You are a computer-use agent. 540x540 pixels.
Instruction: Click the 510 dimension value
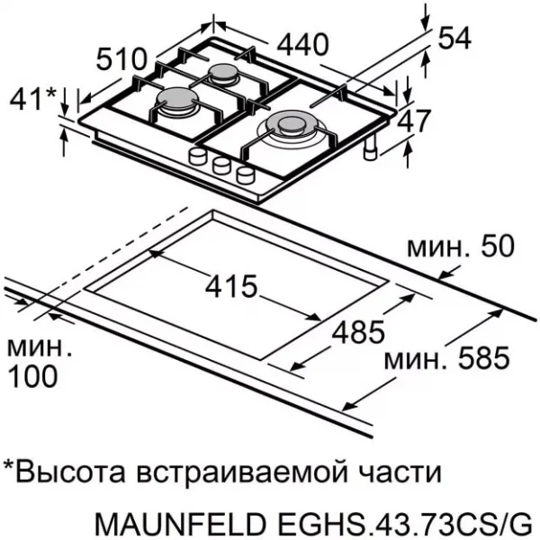[121, 59]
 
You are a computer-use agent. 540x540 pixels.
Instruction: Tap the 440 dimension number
[302, 45]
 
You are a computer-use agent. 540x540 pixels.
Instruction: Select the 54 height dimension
[454, 38]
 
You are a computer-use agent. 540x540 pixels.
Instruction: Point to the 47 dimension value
[413, 121]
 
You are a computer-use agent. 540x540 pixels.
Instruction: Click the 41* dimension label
[33, 99]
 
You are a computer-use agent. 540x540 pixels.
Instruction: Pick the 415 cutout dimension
[231, 286]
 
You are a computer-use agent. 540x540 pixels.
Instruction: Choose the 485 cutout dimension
[358, 332]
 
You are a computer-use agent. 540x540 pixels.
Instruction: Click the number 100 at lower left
[32, 376]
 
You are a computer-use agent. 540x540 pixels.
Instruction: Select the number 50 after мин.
[498, 247]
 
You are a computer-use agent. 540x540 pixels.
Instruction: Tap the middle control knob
[221, 166]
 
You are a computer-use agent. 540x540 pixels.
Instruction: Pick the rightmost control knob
[245, 175]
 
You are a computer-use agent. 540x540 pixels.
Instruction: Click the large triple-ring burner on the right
[292, 129]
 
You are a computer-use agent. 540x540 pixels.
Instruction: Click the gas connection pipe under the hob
[371, 148]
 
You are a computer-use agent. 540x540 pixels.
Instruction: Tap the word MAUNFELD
[181, 524]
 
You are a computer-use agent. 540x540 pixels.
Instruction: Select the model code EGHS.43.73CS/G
[402, 524]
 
